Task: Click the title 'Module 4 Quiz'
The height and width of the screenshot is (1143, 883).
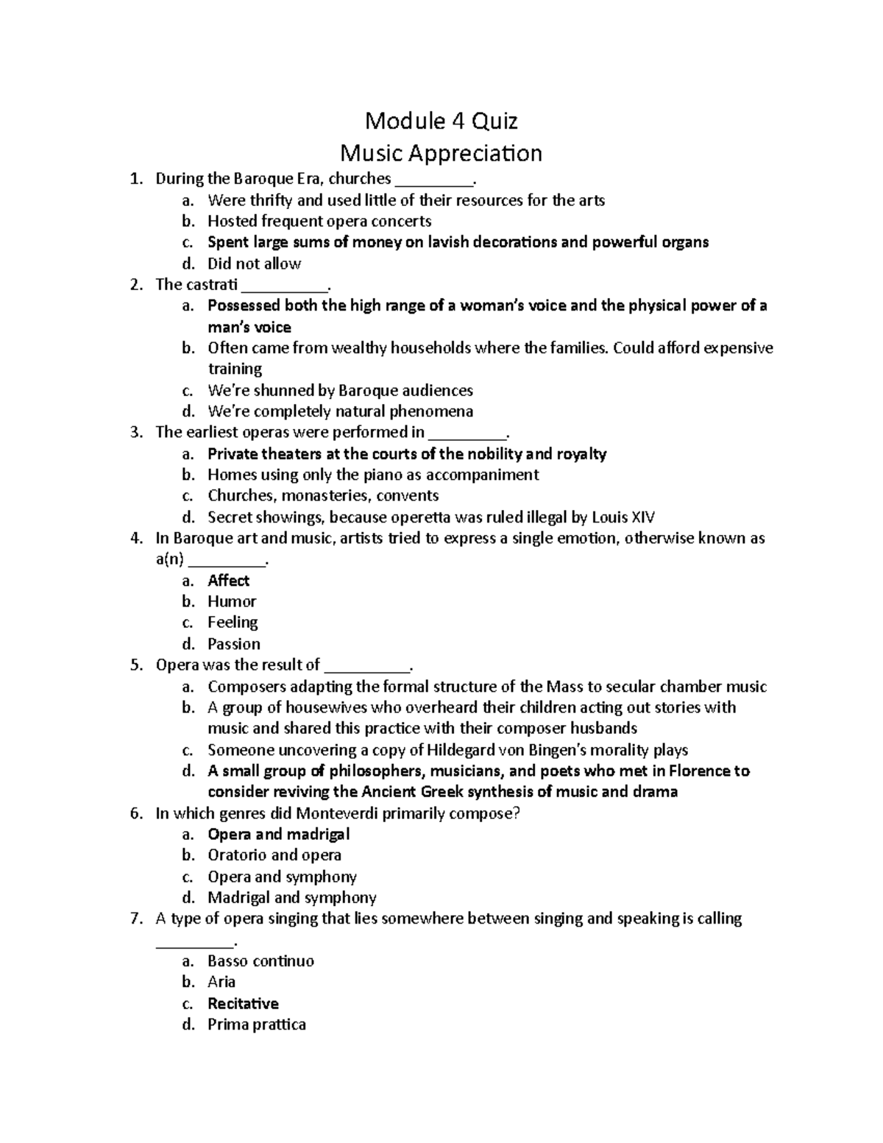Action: tap(441, 120)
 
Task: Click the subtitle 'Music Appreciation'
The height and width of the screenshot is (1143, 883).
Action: tap(441, 153)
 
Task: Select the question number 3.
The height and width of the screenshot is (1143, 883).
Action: tap(135, 432)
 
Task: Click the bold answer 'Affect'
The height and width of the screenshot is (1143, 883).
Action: tap(228, 580)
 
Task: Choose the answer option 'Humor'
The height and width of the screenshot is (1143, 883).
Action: tap(232, 601)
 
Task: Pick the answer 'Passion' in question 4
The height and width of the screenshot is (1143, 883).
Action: tap(234, 644)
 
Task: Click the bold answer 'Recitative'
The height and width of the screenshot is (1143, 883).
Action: tap(243, 1003)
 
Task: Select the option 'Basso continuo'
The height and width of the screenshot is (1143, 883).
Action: tap(260, 960)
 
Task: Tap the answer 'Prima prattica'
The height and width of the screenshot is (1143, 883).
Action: tap(257, 1025)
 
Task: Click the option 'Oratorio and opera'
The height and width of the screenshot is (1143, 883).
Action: tap(274, 855)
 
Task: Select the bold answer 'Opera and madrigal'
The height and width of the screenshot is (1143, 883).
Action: tap(278, 834)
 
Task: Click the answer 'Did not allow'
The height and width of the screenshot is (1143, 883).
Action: tap(254, 263)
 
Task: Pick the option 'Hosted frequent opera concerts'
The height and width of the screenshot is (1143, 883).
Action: tap(319, 221)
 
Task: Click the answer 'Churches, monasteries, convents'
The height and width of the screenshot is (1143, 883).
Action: tap(323, 495)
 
